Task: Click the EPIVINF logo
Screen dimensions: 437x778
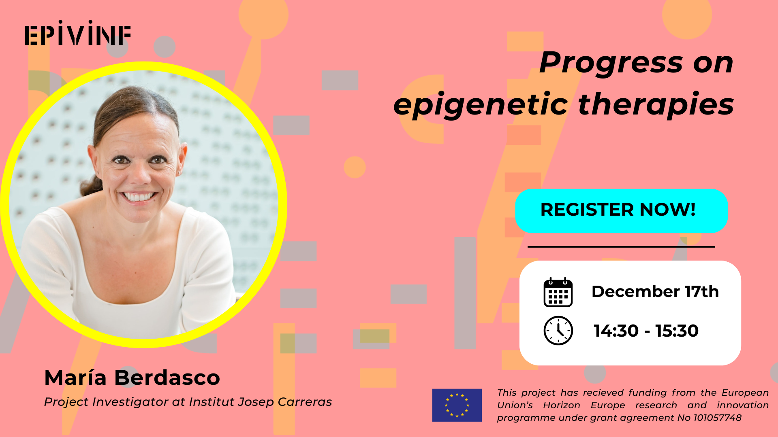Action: [78, 34]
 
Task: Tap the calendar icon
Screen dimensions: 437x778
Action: [558, 292]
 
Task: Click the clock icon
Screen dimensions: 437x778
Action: [558, 331]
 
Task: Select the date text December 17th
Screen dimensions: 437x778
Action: [655, 291]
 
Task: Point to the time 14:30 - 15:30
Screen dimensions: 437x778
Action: [646, 331]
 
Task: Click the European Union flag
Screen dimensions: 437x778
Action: [457, 405]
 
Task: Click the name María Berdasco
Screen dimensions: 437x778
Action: [132, 378]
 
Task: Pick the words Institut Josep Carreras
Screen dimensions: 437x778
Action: [260, 402]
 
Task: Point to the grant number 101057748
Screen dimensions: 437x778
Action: [717, 418]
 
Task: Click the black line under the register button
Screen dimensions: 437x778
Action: [621, 246]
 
